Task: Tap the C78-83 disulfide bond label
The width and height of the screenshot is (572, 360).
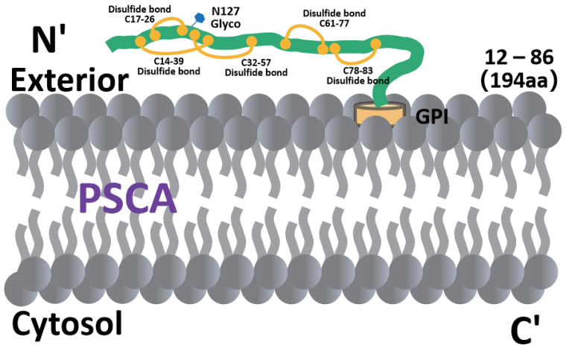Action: (360, 75)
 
